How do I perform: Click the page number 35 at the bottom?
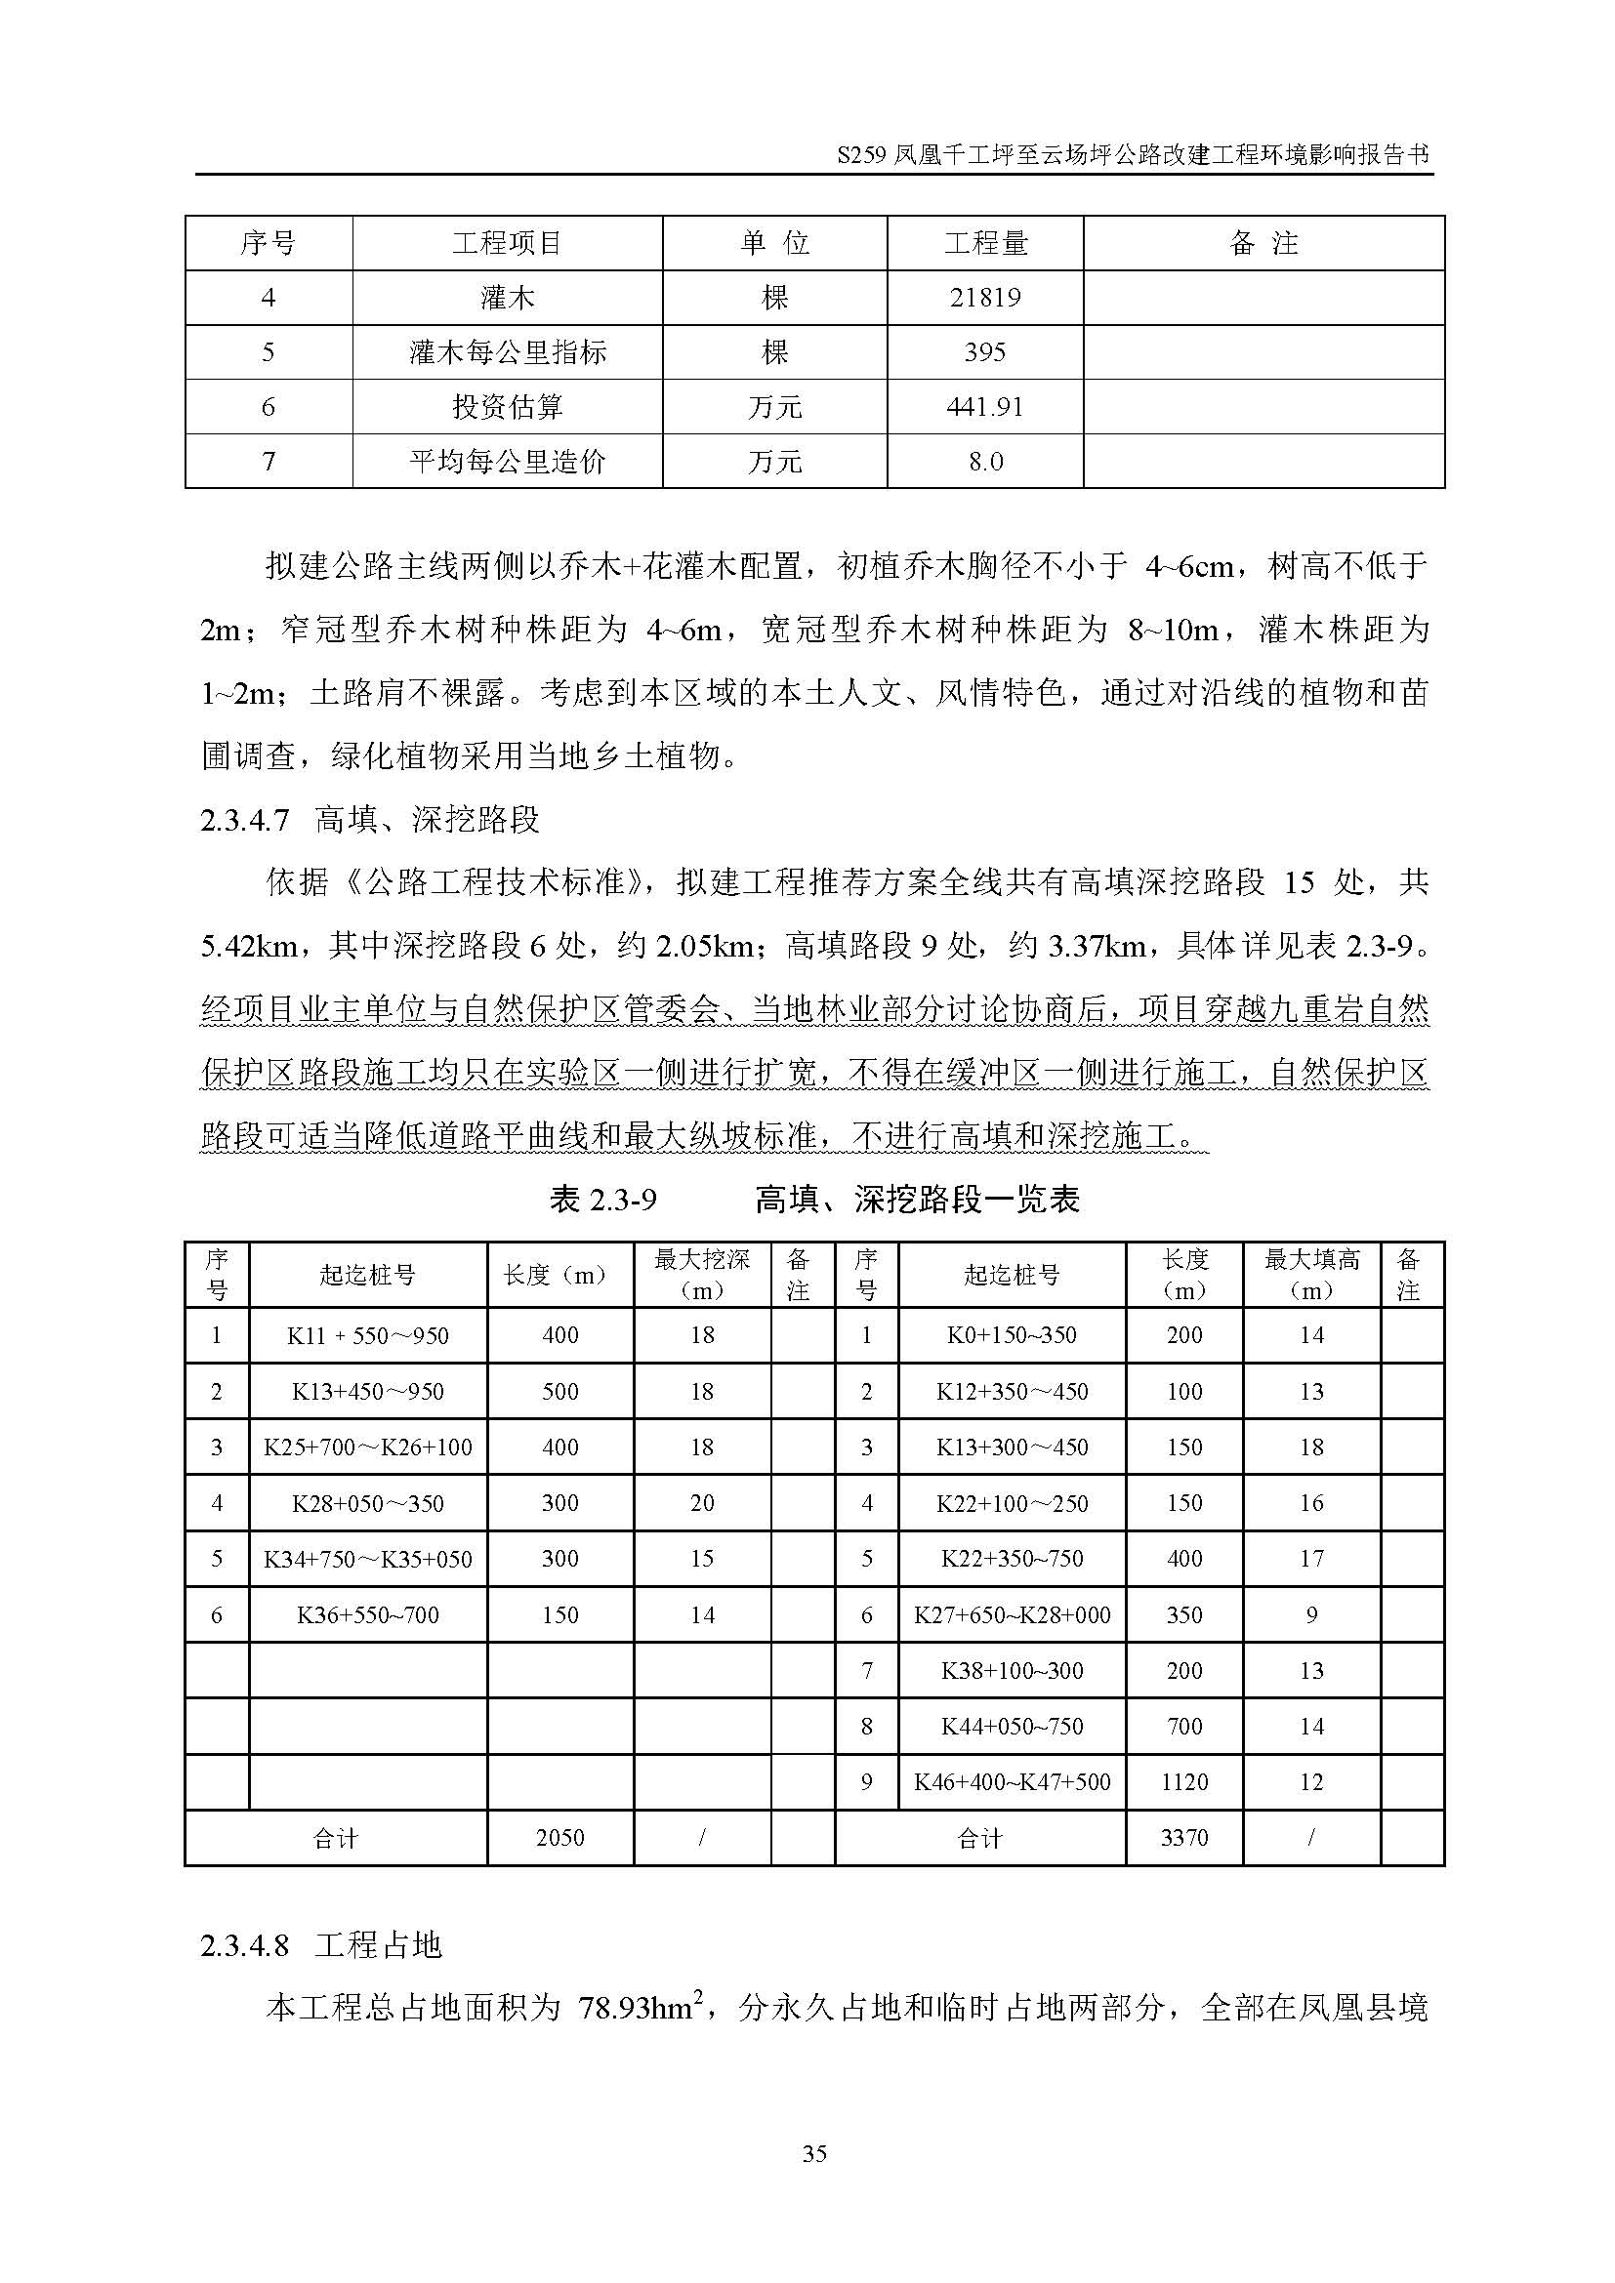point(813,2154)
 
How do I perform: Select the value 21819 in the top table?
point(984,298)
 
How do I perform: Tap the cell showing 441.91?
point(984,407)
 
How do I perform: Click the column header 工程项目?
point(507,243)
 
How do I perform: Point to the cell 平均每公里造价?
point(507,462)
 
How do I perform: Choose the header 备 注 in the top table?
point(1263,243)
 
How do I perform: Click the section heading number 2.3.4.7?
point(245,820)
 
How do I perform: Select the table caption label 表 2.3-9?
point(603,1201)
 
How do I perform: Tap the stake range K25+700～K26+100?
point(368,1447)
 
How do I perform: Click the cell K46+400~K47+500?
point(1012,1782)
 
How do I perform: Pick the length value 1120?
point(1183,1782)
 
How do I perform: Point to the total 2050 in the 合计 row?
point(559,1838)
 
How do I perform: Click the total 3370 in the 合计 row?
point(1183,1838)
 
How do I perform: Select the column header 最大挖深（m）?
point(702,1275)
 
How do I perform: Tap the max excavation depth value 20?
point(702,1502)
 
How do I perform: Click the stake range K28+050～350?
point(368,1502)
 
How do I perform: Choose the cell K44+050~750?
point(1012,1727)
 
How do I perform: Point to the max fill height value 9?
point(1311,1614)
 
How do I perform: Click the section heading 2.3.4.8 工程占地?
point(321,1946)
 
